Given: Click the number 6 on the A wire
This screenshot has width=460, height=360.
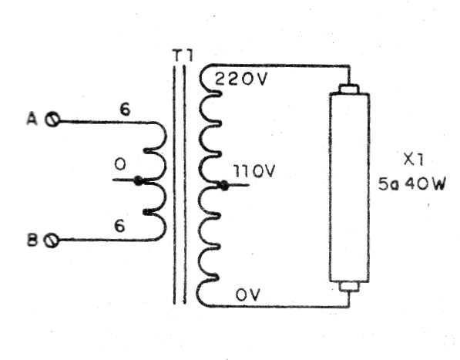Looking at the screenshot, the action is [x=125, y=109].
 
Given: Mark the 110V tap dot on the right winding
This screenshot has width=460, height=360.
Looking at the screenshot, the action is [x=222, y=185].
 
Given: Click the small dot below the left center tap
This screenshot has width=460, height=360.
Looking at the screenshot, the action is [x=146, y=211].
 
